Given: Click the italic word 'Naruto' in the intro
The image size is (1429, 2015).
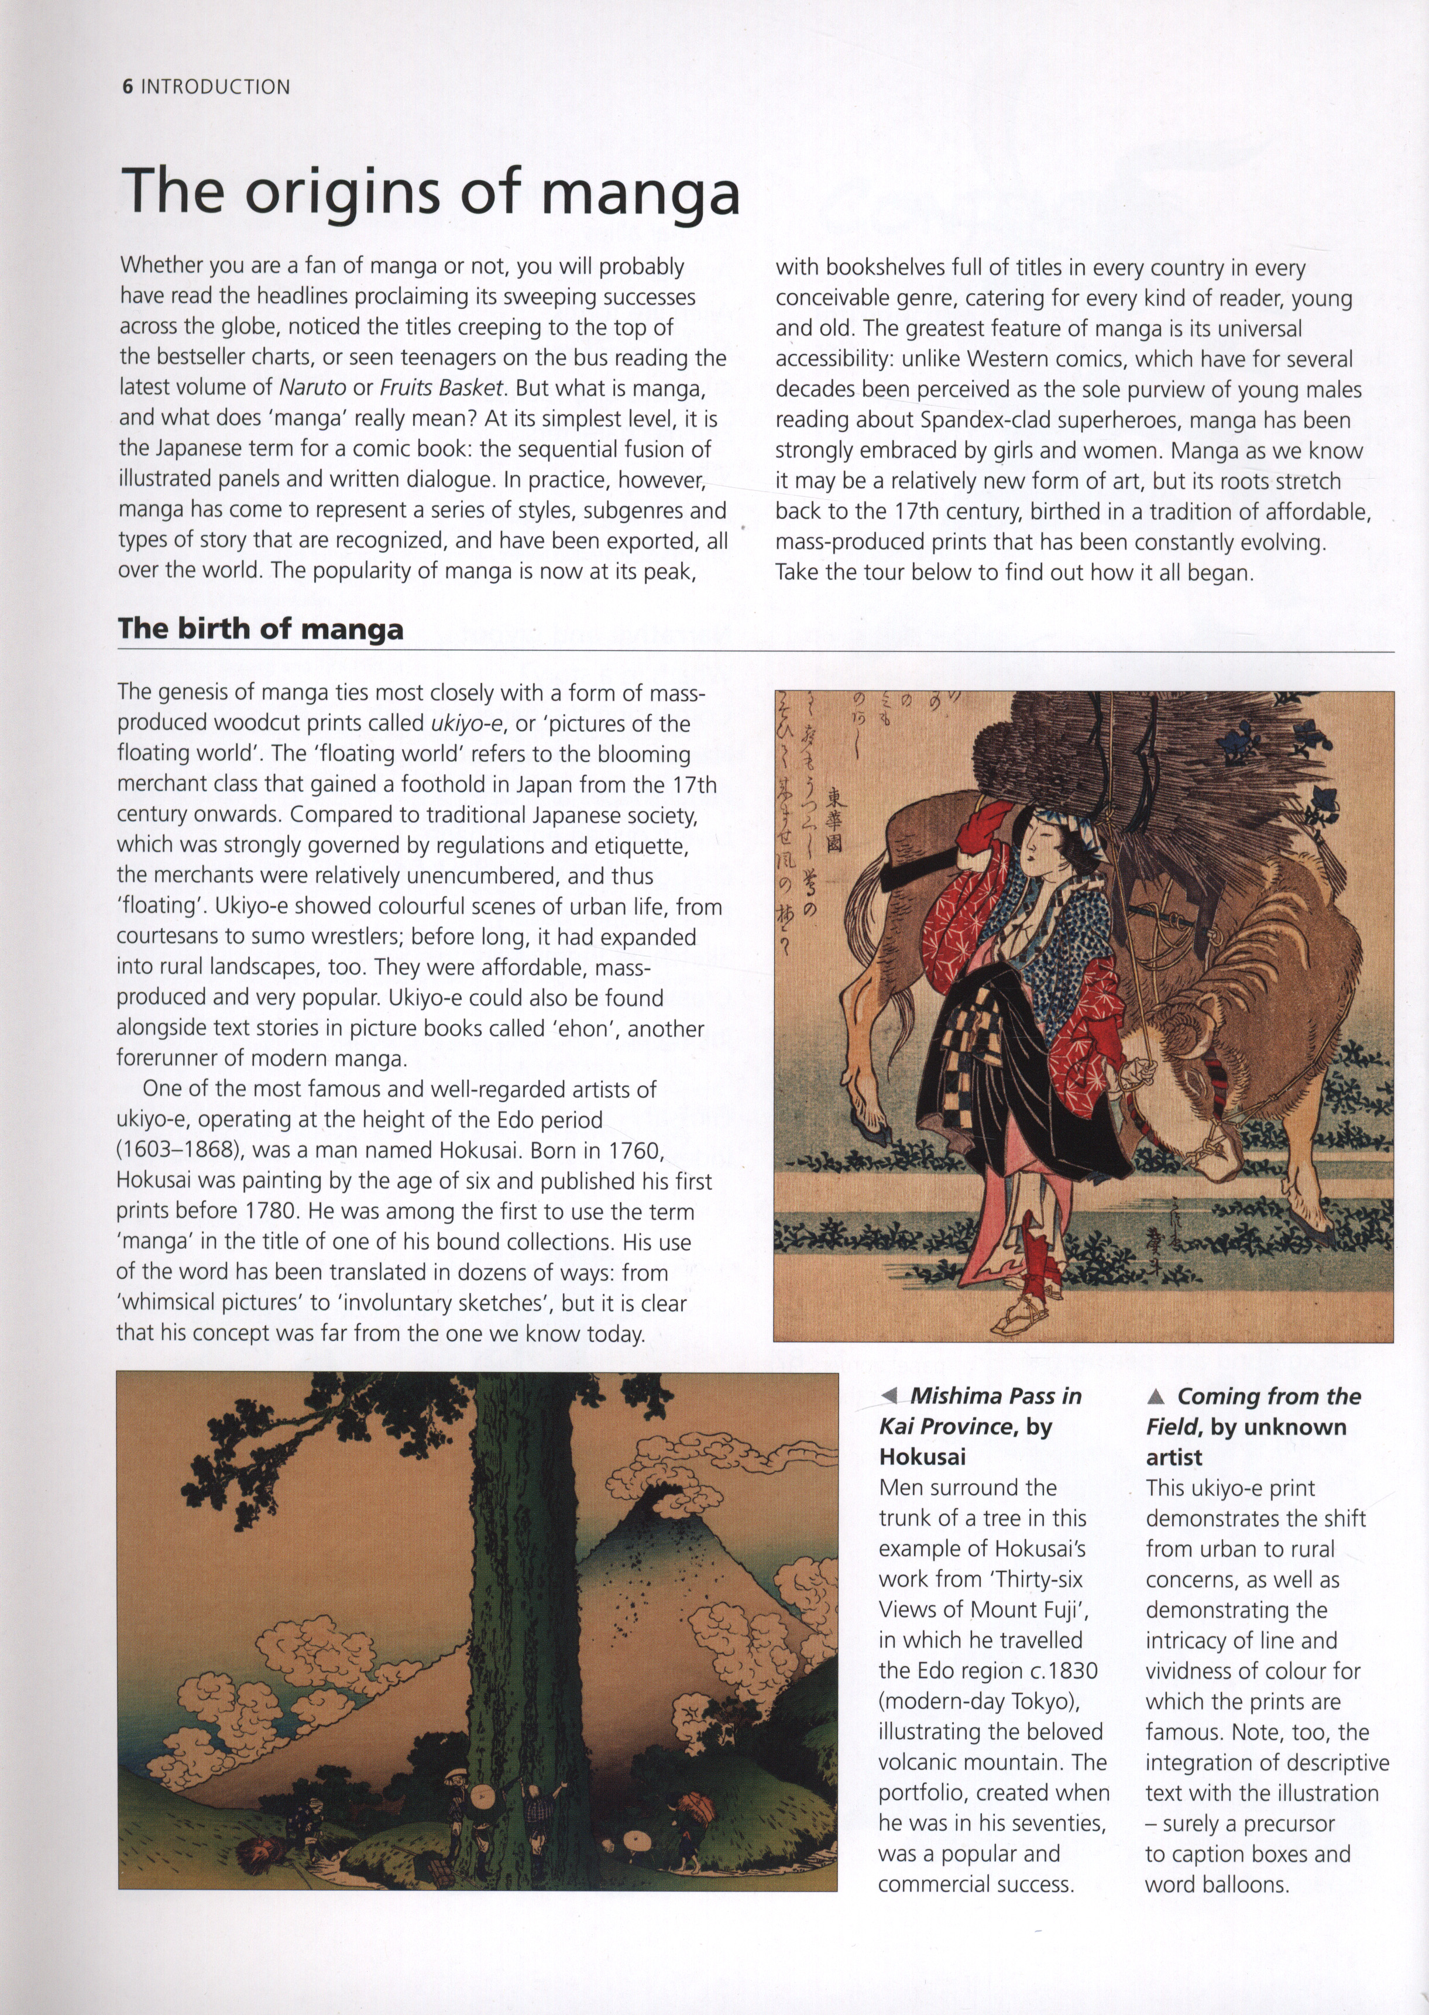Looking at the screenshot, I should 312,387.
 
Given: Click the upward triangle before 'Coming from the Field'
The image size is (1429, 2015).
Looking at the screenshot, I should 1156,1396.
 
